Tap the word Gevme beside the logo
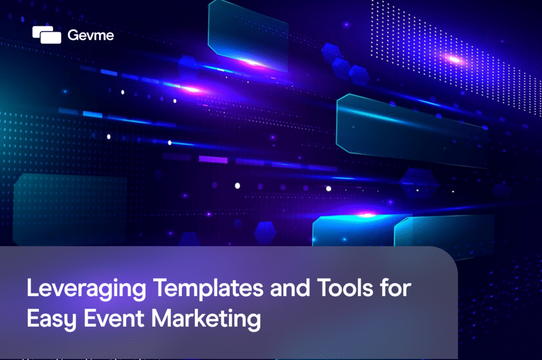[91, 35]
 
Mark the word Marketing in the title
[207, 320]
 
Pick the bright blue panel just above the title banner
[352, 231]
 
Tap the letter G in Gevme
[73, 35]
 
